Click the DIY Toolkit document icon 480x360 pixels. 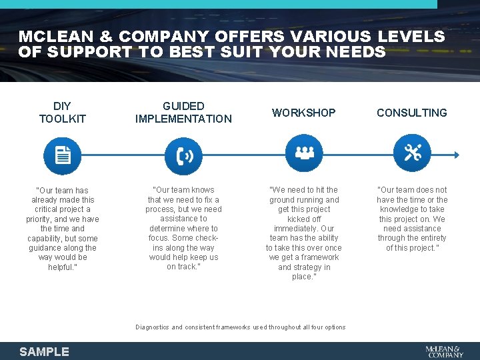(63, 155)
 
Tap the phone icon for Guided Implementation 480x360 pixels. (185, 155)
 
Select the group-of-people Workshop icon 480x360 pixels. (304, 154)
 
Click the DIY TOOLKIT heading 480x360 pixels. (63, 112)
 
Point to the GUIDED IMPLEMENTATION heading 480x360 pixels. (183, 112)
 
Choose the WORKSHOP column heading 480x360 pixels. (303, 113)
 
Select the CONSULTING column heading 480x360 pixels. (412, 113)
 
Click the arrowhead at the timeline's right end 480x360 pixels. (457, 155)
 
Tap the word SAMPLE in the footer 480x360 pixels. (44, 351)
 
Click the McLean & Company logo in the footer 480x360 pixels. (444, 351)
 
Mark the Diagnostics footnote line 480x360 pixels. (241, 327)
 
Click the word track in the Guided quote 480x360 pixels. (187, 267)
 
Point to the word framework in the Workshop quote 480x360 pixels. (321, 257)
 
